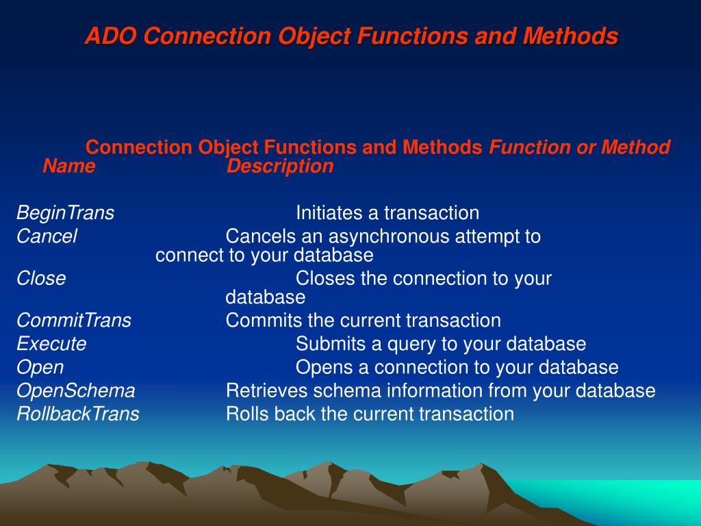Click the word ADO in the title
[110, 36]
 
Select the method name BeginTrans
[65, 213]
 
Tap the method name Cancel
[47, 236]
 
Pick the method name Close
[41, 278]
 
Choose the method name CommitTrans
[74, 321]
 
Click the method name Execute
[51, 344]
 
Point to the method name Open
[40, 368]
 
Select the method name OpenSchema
[75, 391]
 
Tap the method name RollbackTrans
[78, 414]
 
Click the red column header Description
[280, 166]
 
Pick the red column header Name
[69, 166]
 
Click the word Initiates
[329, 213]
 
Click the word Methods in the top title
[570, 36]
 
